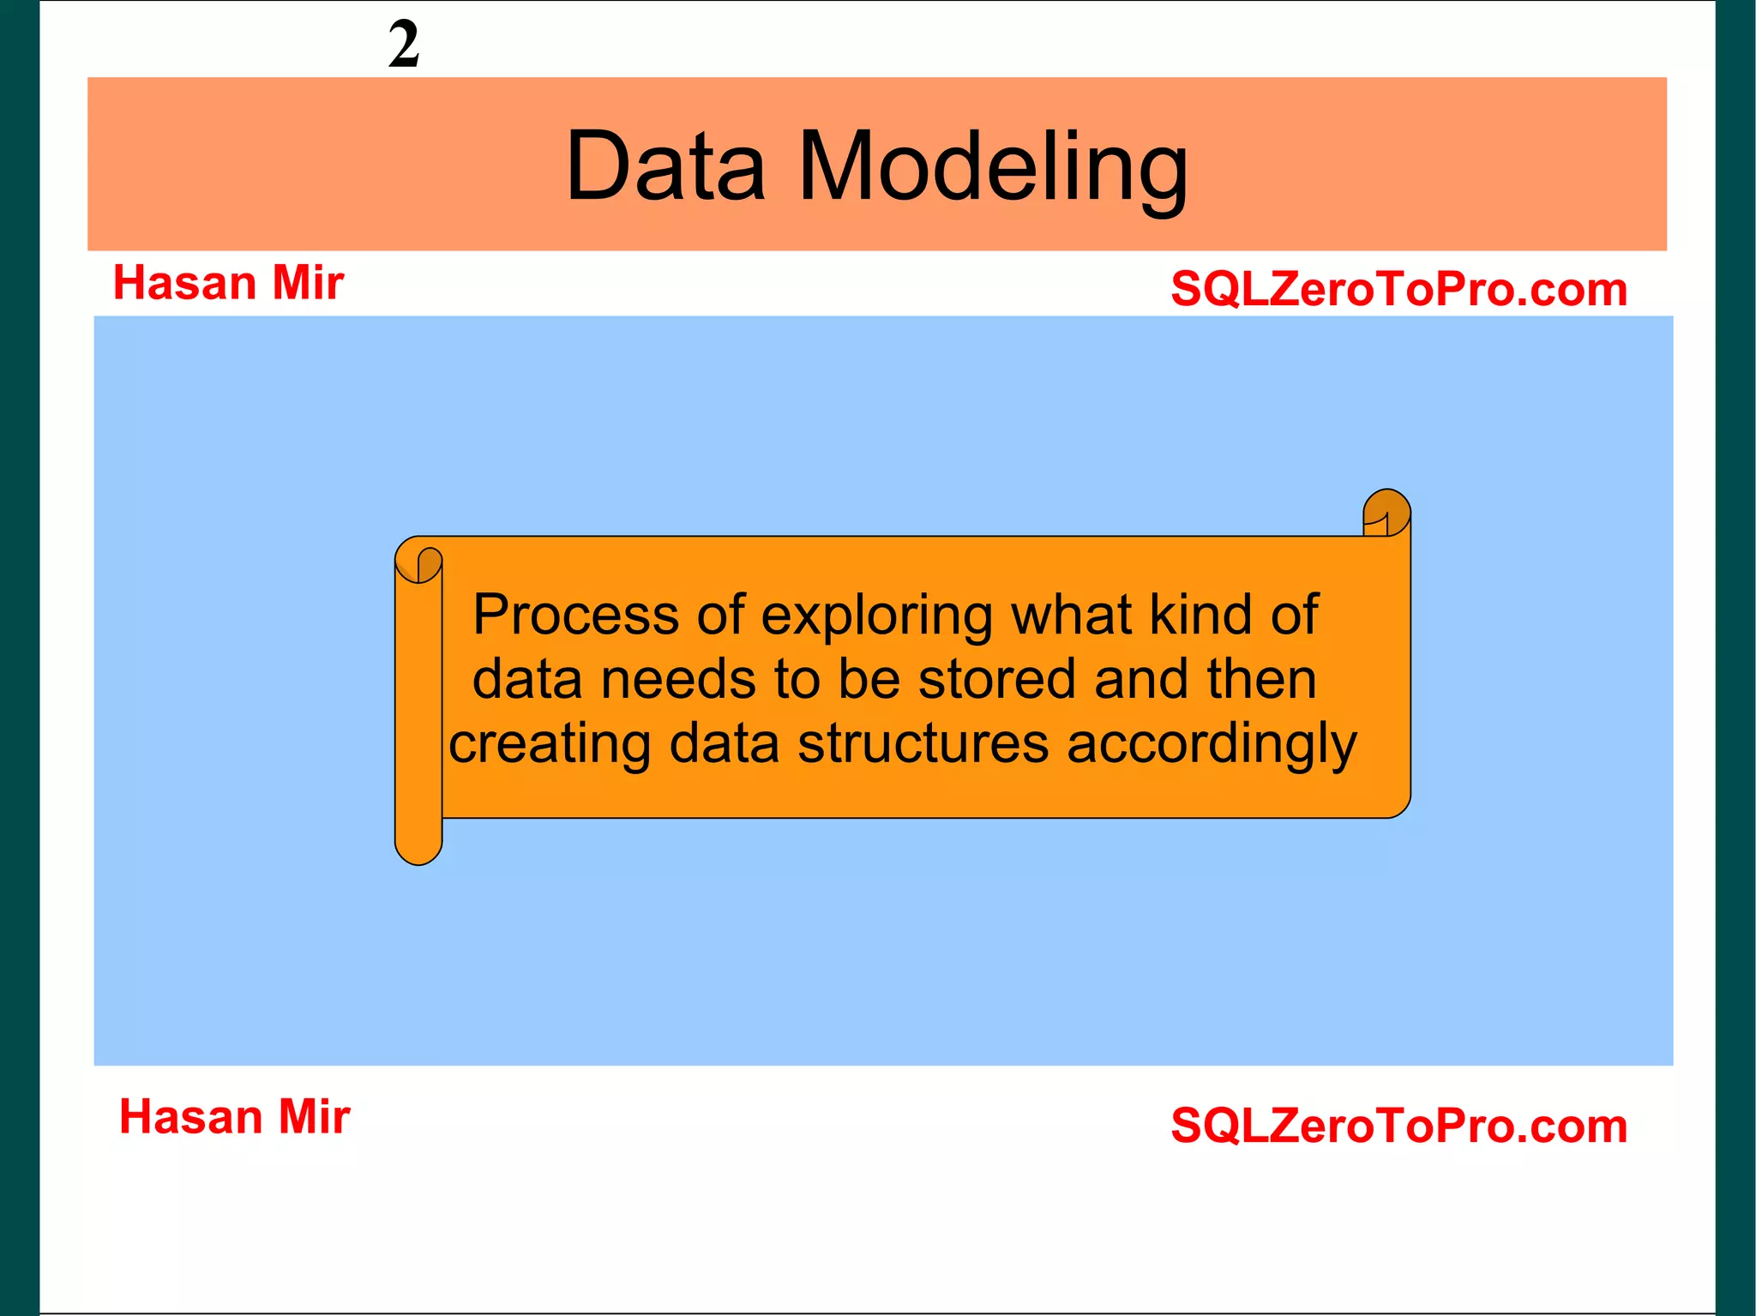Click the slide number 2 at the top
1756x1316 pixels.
(404, 45)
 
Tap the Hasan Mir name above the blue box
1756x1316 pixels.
(228, 283)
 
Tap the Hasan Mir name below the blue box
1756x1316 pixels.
(234, 1117)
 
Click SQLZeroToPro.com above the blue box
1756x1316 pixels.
(1398, 289)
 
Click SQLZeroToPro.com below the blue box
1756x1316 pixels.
(1398, 1126)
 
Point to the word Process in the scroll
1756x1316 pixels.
(575, 616)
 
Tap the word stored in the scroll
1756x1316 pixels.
(996, 679)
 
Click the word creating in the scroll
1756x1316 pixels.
(550, 744)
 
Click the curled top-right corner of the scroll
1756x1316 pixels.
(1386, 512)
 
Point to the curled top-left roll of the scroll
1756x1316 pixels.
(419, 562)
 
